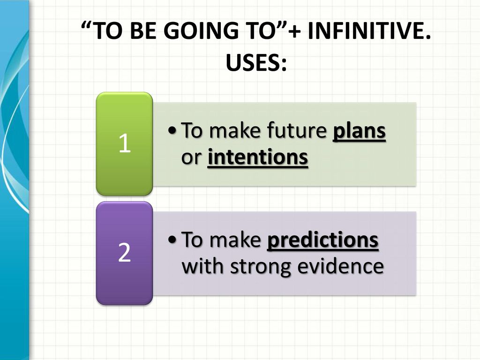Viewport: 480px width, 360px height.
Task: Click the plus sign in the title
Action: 294,32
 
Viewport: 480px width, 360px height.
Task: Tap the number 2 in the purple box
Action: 124,252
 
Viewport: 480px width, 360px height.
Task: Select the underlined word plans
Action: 359,132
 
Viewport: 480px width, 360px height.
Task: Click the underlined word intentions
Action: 258,157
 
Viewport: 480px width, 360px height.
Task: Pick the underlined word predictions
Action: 323,240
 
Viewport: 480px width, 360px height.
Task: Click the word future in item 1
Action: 297,130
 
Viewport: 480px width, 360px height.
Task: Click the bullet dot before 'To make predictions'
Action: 172,239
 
